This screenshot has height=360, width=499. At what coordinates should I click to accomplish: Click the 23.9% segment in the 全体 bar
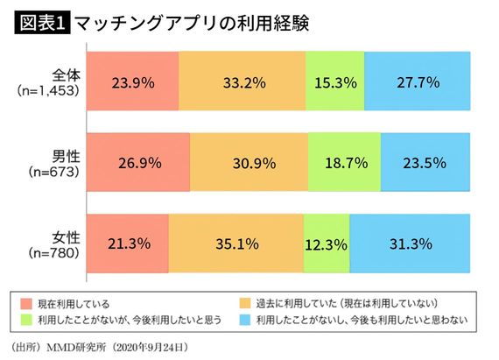(x=133, y=84)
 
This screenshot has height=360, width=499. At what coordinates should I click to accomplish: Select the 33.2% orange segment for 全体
(x=242, y=84)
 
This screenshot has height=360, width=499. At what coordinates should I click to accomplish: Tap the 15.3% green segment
(x=334, y=84)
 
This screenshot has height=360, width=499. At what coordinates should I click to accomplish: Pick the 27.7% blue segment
(x=417, y=84)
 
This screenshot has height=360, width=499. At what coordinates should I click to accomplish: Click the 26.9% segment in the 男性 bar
(x=139, y=163)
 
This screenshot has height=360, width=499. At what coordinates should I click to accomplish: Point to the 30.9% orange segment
(x=249, y=163)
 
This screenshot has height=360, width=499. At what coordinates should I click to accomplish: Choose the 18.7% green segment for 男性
(x=345, y=163)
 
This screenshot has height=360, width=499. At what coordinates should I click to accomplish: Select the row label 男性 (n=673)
(x=55, y=162)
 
